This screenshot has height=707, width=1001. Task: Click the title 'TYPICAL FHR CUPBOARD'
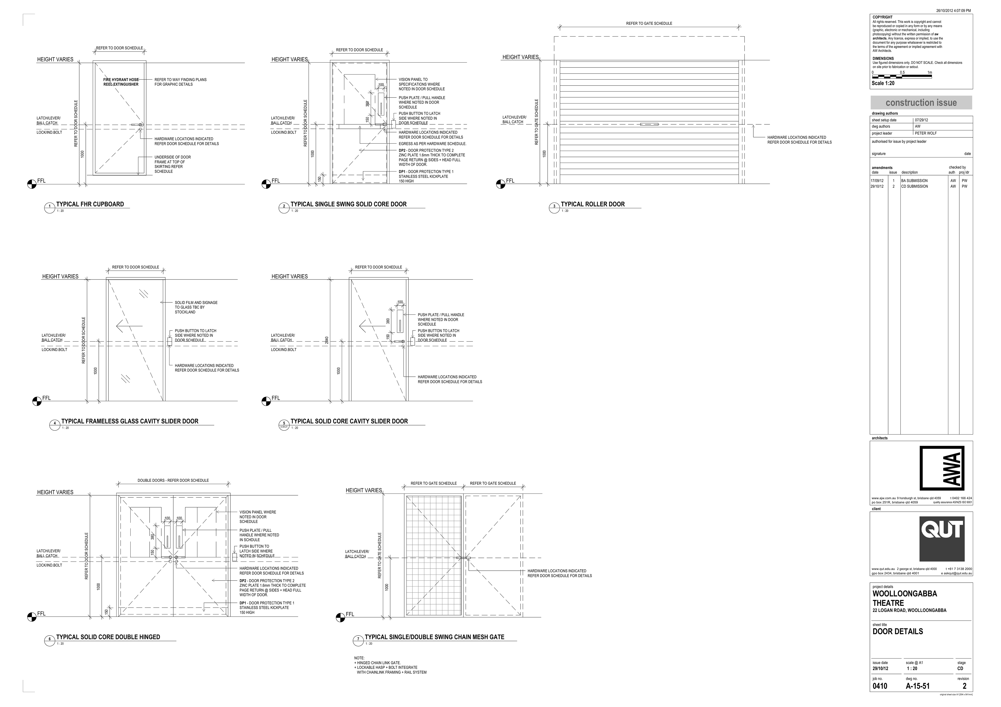(90, 204)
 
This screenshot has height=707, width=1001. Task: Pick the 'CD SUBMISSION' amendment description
(914, 187)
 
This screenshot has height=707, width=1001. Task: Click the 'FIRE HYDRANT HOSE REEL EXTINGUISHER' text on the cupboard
(121, 82)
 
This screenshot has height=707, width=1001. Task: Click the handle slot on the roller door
(649, 125)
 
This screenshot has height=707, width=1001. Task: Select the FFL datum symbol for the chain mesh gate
(340, 617)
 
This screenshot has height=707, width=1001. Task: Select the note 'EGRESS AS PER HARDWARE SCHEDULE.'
(432, 144)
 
